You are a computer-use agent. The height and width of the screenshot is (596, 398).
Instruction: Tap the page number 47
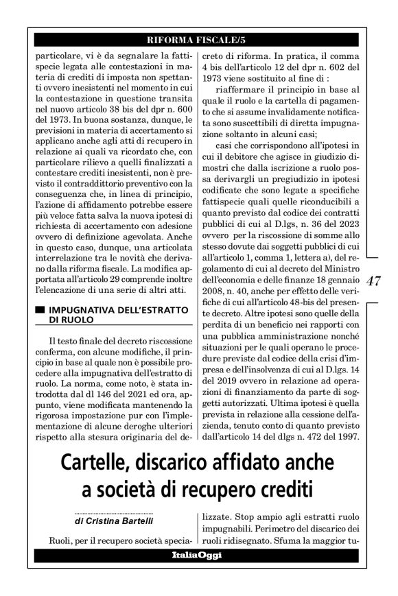pos(375,281)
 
